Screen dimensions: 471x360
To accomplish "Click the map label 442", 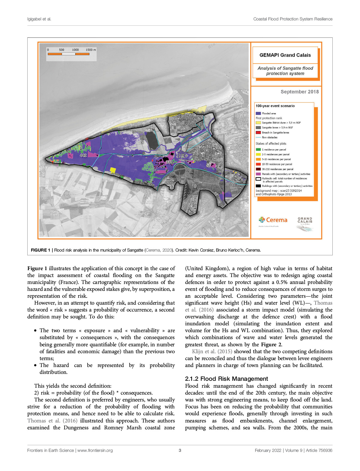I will click(83, 155).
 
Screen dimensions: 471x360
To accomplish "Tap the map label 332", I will click(169, 162).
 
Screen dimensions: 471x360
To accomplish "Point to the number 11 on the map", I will click(233, 184).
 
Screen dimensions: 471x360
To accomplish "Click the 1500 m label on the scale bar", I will click(91, 50).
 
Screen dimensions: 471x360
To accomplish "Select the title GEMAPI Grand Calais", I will click(285, 55).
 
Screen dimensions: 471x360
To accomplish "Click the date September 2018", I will click(299, 92).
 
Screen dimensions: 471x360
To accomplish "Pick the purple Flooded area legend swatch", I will click(258, 113).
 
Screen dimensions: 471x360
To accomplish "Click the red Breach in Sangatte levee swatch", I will click(258, 133).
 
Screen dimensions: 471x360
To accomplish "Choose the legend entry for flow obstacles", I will click(269, 137).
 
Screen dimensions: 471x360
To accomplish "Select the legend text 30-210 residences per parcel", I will click(277, 169).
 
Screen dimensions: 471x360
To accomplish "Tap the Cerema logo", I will click(273, 220).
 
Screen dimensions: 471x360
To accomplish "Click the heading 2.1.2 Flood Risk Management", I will click(226, 379).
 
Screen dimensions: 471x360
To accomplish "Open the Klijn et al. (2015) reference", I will click(212, 351).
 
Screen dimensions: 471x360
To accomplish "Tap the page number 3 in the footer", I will click(180, 450).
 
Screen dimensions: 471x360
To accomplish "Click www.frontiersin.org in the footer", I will click(95, 450).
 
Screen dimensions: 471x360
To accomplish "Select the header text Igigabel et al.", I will click(39, 19).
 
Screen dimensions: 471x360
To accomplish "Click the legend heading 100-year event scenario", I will click(275, 106).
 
